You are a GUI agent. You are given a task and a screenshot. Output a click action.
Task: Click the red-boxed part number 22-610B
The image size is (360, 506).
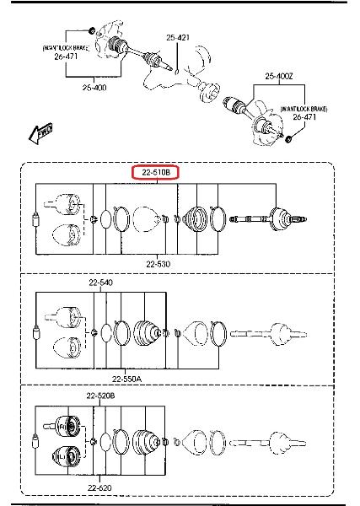155,173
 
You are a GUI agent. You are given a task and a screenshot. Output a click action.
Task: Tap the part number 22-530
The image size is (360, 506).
158,264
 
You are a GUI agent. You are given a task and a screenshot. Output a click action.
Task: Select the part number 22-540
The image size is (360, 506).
101,283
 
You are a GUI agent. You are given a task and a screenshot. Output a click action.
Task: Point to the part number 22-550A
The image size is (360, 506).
126,379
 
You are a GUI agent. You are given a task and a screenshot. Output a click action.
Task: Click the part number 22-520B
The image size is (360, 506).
100,396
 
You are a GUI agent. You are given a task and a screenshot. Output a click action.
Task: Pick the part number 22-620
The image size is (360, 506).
99,488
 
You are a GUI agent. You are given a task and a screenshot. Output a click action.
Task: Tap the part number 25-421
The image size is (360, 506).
178,38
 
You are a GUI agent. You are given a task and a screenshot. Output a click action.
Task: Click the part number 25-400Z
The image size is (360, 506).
279,77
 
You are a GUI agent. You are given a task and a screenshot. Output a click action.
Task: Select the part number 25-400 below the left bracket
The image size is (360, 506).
94,88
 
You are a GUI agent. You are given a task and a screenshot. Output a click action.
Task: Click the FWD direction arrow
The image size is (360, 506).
40,132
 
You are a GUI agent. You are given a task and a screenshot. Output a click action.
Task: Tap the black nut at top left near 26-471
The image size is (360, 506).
92,30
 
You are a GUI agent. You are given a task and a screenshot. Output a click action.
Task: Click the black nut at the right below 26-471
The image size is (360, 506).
289,139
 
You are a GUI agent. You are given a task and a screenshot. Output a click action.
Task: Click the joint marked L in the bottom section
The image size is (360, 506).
67,456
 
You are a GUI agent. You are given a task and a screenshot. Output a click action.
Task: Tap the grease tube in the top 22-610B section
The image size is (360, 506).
35,220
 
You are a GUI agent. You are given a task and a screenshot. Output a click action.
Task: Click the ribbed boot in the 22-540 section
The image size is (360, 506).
147,333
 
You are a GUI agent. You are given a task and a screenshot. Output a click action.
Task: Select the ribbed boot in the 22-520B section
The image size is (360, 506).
146,442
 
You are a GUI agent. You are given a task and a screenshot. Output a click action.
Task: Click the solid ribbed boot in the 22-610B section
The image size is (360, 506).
196,218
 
